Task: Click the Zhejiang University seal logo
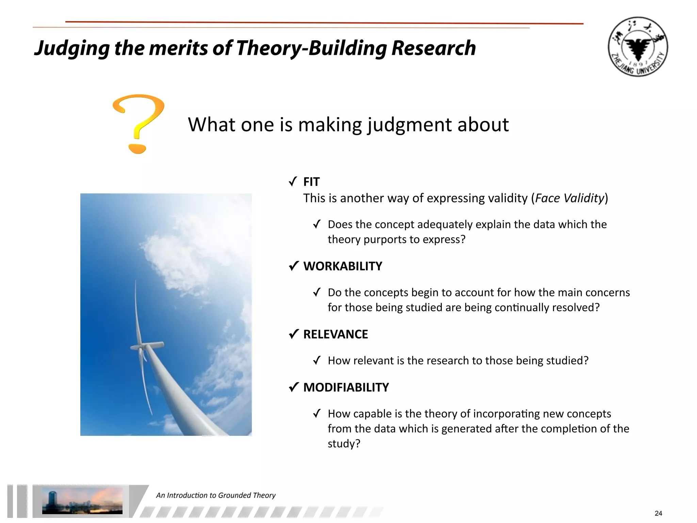pyautogui.click(x=638, y=47)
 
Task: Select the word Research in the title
pyautogui.click(x=433, y=48)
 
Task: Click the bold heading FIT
pyautogui.click(x=311, y=182)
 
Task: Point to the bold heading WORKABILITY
pyautogui.click(x=342, y=266)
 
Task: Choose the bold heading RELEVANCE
pyautogui.click(x=335, y=334)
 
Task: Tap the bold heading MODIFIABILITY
pyautogui.click(x=346, y=387)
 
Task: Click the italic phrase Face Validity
pyautogui.click(x=569, y=198)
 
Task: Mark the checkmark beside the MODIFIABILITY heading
pyautogui.click(x=293, y=387)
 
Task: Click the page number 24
pyautogui.click(x=658, y=513)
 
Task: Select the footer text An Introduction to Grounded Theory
pyautogui.click(x=216, y=495)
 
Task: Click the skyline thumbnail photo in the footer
pyautogui.click(x=82, y=501)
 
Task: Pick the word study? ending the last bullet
pyautogui.click(x=344, y=444)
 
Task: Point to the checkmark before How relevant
pyautogui.click(x=317, y=361)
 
